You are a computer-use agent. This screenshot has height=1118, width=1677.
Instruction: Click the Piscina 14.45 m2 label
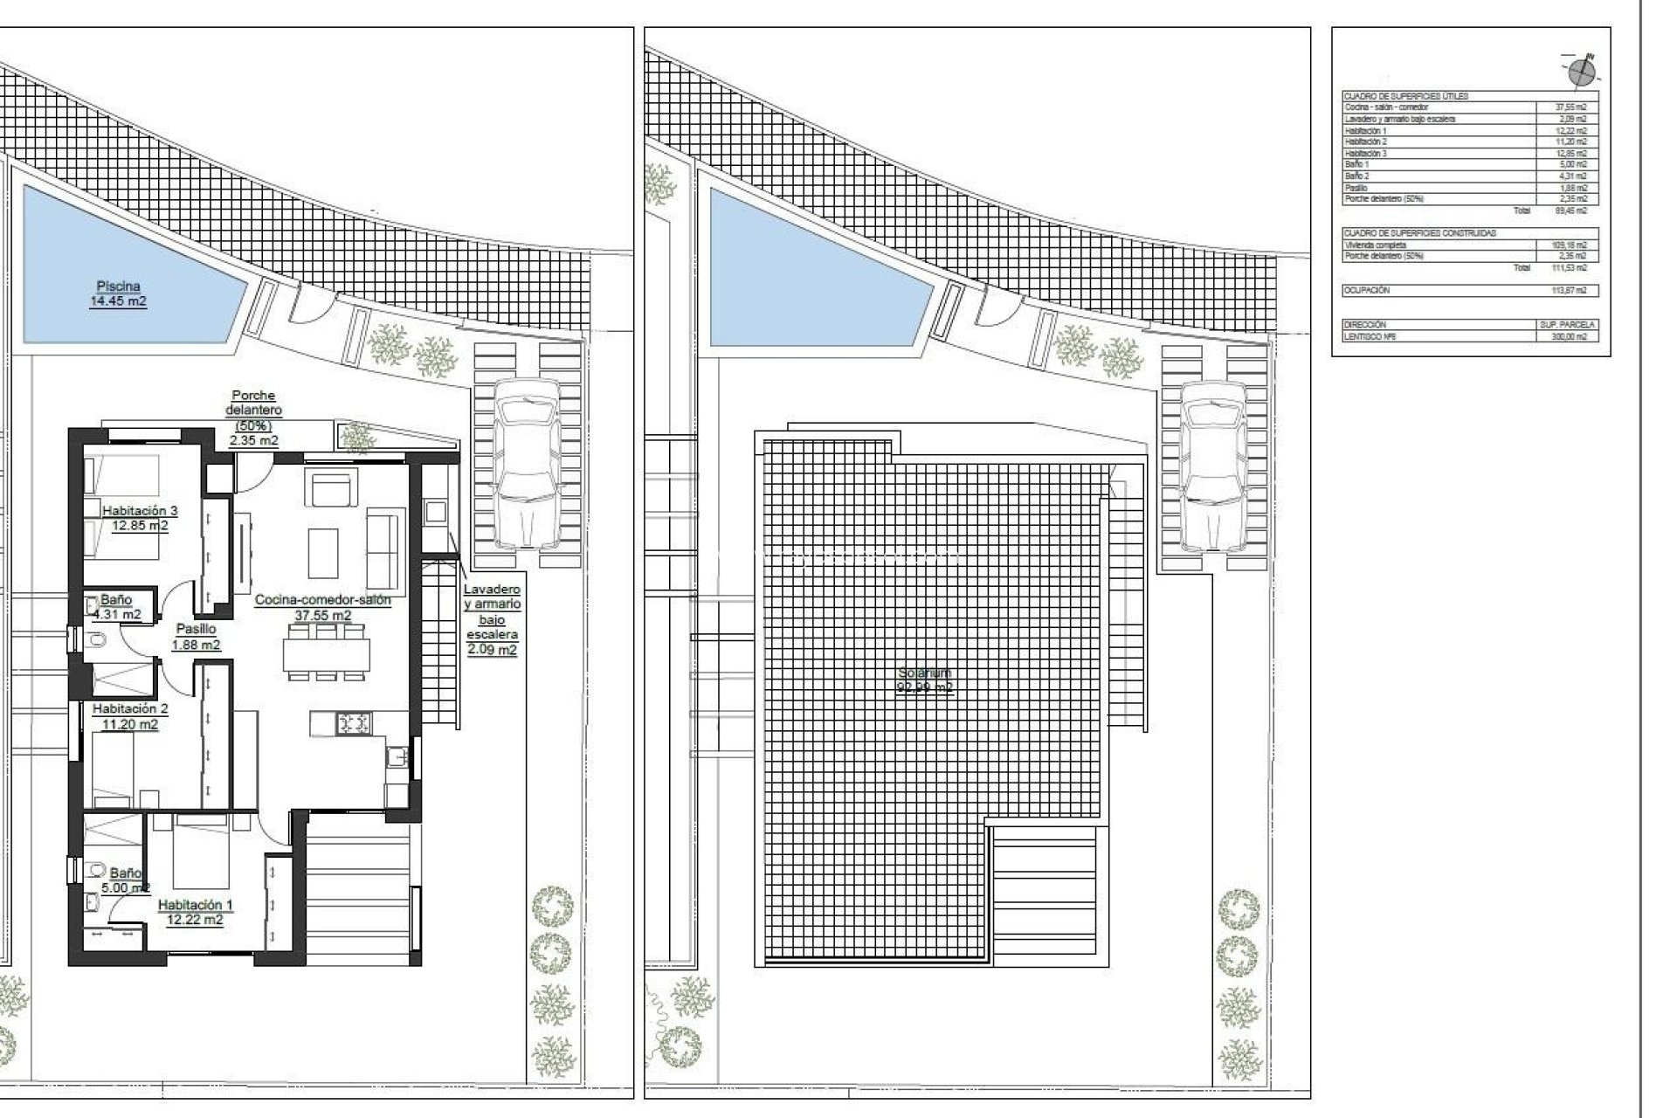click(x=118, y=293)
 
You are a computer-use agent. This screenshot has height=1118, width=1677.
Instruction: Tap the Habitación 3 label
click(x=140, y=518)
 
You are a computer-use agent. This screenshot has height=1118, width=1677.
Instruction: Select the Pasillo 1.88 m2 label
click(x=196, y=637)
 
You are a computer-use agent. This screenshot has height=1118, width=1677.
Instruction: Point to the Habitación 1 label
click(x=195, y=912)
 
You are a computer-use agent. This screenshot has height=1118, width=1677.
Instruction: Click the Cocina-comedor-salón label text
click(x=322, y=600)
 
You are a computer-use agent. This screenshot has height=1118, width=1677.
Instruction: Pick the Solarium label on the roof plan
click(x=925, y=680)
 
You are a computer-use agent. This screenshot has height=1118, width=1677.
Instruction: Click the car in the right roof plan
click(x=1211, y=465)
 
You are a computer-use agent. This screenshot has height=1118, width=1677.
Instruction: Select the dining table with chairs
click(x=326, y=653)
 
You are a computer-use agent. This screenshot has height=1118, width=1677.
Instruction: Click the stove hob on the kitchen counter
click(x=355, y=722)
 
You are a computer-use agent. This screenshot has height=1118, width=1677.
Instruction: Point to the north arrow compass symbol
click(x=1581, y=72)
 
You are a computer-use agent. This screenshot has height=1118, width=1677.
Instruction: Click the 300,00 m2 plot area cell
click(x=1568, y=336)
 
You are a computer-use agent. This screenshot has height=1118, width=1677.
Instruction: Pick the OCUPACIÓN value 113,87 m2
click(x=1568, y=290)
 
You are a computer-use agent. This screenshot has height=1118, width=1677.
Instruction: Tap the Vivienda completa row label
click(x=1376, y=245)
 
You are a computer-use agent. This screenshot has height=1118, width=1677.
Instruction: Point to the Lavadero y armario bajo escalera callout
click(x=492, y=619)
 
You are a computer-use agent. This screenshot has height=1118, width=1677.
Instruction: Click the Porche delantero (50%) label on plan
click(x=253, y=418)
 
